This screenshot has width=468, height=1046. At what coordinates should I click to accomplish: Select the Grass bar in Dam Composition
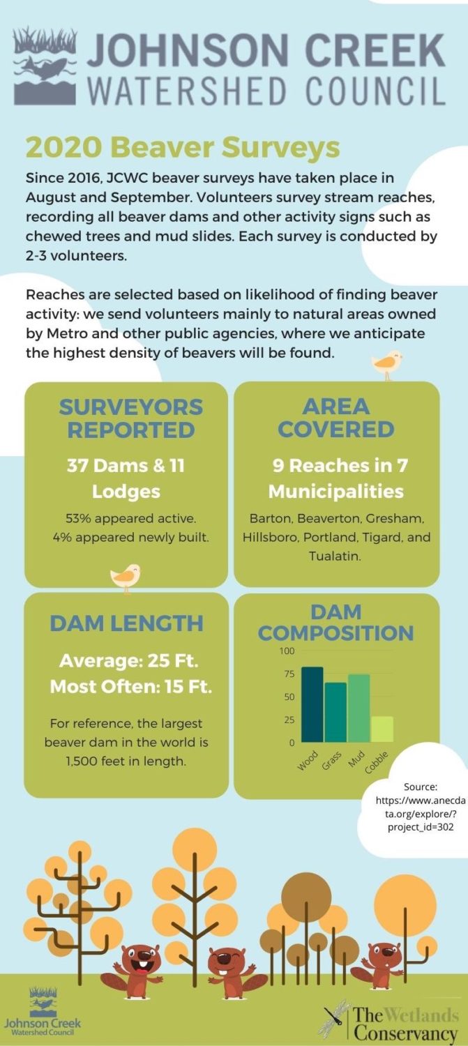tap(335, 712)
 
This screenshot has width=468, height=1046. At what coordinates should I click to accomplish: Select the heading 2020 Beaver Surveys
tap(182, 148)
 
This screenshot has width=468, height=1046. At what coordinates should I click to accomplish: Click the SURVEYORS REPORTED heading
tap(126, 418)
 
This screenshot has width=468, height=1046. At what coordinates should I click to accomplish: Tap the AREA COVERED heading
tap(336, 417)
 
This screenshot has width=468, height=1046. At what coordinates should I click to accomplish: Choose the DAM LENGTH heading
tap(126, 623)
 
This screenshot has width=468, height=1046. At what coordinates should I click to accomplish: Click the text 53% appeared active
tap(126, 520)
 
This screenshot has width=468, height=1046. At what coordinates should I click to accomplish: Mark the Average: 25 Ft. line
tap(128, 660)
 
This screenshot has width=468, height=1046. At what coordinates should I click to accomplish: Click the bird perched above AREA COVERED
tap(387, 363)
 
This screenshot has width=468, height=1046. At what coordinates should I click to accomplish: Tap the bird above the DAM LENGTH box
tap(126, 576)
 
